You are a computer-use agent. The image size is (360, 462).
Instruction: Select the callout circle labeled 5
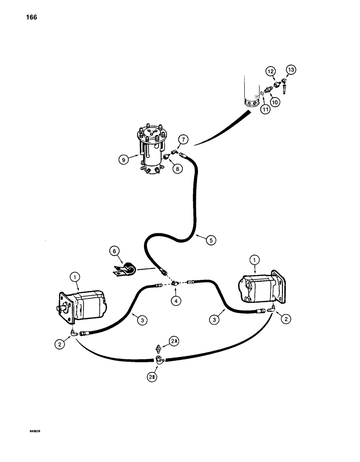pyautogui.click(x=210, y=239)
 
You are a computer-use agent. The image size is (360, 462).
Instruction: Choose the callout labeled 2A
pyautogui.click(x=174, y=341)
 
